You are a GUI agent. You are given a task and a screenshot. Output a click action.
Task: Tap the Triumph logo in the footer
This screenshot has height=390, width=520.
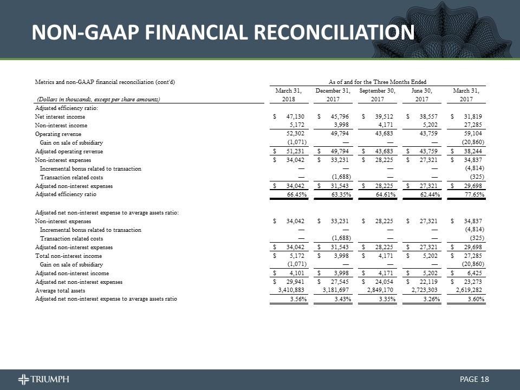[43, 379]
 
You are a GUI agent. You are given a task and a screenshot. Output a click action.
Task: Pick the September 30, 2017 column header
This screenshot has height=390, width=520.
[377, 95]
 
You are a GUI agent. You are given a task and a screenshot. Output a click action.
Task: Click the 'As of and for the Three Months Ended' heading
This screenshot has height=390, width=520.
[378, 81]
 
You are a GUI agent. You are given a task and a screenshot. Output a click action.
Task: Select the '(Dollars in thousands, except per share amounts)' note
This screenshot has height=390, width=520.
[99, 99]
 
